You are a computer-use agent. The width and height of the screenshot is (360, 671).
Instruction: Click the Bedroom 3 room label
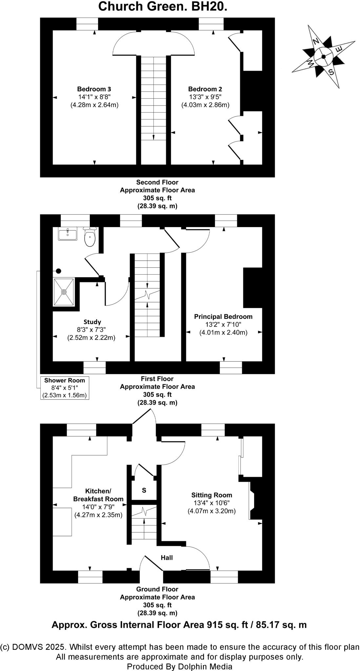click(94, 89)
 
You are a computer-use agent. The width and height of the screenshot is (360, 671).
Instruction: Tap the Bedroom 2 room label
click(205, 89)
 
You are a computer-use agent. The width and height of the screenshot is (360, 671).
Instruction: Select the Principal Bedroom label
click(223, 316)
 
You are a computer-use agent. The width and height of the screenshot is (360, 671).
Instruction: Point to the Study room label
click(92, 322)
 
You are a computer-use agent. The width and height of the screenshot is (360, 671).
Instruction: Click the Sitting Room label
click(211, 495)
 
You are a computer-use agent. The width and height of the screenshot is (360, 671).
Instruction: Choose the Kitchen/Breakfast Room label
click(98, 495)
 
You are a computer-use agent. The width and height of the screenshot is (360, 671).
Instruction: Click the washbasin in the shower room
click(68, 235)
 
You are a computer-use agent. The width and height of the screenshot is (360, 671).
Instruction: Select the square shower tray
click(64, 292)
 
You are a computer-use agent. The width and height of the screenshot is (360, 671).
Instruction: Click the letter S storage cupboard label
click(144, 490)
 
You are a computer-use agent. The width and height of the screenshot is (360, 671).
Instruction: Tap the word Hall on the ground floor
click(167, 558)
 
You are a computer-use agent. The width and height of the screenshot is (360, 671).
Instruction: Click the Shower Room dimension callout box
click(65, 388)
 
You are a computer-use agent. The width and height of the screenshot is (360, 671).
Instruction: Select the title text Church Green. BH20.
click(163, 7)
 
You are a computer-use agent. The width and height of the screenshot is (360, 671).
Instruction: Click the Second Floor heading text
click(157, 182)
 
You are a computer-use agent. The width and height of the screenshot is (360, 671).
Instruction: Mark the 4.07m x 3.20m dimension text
click(211, 511)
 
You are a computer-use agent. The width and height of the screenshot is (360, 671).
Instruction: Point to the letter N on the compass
click(316, 41)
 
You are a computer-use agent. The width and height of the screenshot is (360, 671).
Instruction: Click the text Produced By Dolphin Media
click(180, 666)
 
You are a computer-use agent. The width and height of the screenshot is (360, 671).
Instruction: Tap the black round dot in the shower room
click(59, 271)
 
